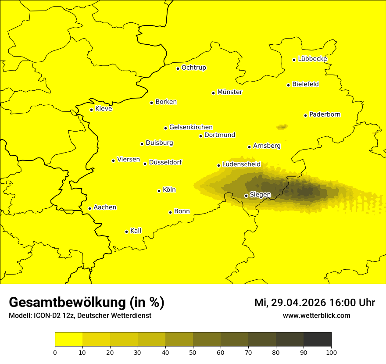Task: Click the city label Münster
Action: pos(229,92)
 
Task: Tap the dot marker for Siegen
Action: pos(246,196)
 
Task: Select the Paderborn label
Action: pos(325,114)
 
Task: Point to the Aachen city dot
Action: pos(89,208)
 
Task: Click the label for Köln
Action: pos(169,190)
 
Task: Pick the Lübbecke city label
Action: pos(312,59)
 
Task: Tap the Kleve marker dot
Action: pos(91,110)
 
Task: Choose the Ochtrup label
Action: pos(193,68)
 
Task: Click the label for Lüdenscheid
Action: pos(241,164)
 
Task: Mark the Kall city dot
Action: pos(126,232)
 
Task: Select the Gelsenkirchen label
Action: pos(191,127)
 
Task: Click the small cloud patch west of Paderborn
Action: pos(282,127)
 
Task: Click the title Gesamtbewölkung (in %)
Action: pos(86,303)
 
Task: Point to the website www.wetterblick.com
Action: pos(316,316)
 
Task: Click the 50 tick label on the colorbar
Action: pos(193,352)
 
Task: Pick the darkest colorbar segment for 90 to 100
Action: pos(317,339)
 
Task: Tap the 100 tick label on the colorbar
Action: pos(331,352)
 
